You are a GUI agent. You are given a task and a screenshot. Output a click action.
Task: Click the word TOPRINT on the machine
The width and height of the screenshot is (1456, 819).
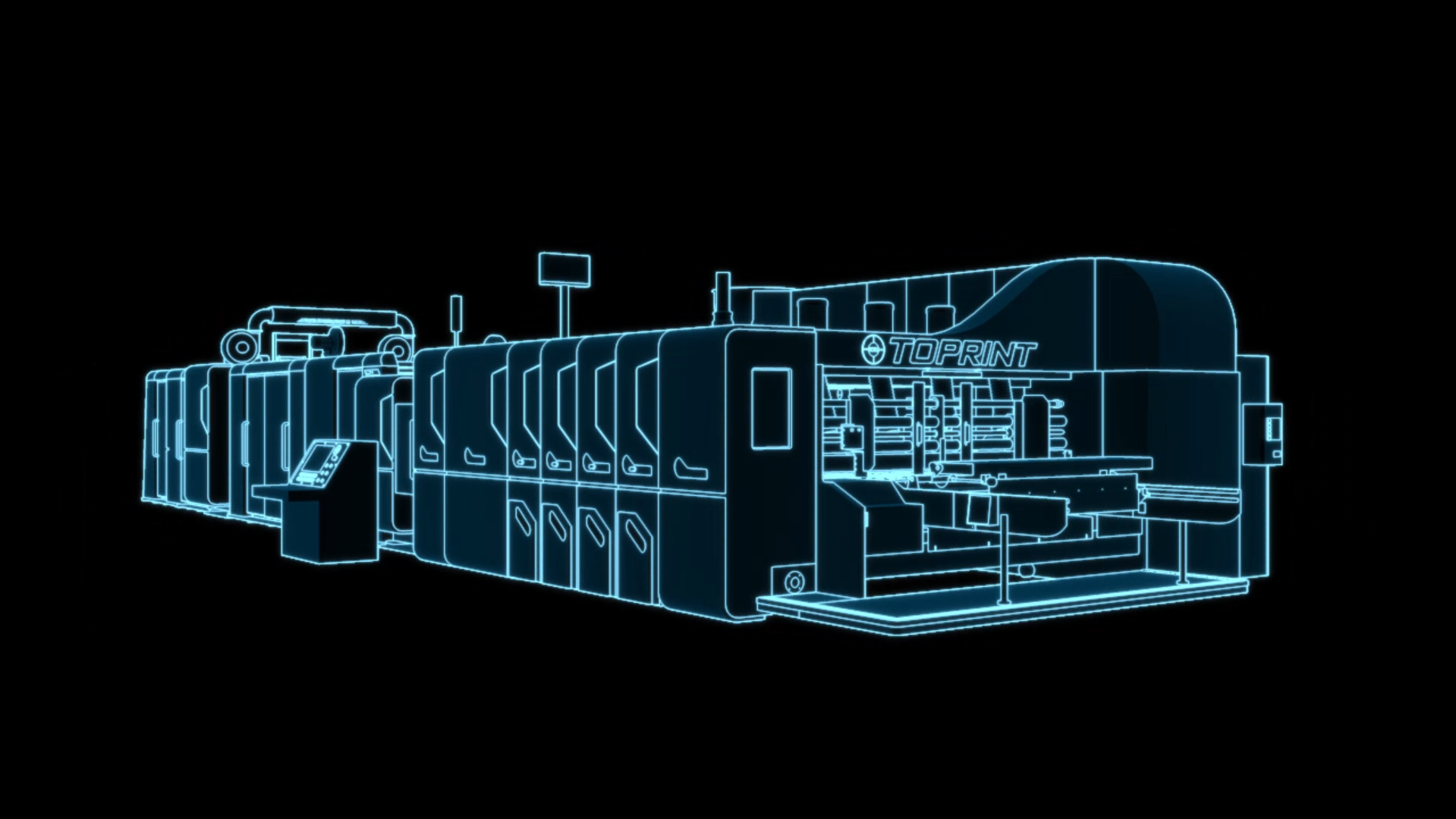click(x=962, y=353)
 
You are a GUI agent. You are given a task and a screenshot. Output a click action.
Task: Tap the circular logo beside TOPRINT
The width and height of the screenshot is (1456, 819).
click(x=873, y=349)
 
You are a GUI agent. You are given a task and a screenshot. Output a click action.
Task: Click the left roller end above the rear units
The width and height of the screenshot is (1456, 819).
click(x=240, y=347)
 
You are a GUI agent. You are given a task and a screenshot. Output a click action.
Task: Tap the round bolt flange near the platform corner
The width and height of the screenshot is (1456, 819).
click(x=794, y=582)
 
